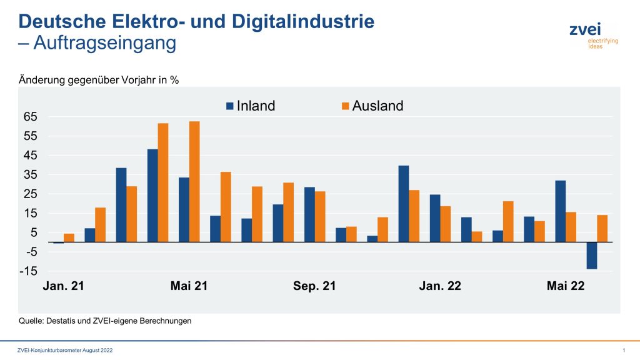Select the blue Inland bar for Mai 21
(184, 209)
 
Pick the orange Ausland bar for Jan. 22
(445, 224)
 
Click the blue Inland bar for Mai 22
(561, 211)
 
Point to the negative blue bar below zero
(591, 255)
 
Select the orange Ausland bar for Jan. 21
(69, 237)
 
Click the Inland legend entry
(250, 106)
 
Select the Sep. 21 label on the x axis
(314, 286)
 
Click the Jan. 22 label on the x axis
(440, 286)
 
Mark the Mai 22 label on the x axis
(566, 286)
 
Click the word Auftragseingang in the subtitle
(105, 44)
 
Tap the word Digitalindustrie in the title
(303, 21)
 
